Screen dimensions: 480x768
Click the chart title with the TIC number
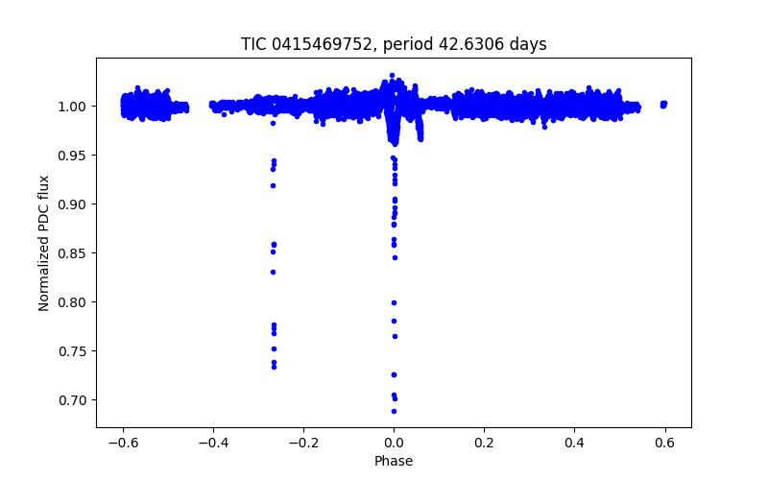tap(394, 44)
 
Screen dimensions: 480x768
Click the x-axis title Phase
tap(394, 461)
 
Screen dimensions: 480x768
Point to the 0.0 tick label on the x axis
tap(394, 443)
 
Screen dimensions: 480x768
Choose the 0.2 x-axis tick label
tap(484, 443)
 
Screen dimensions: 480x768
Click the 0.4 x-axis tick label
tap(574, 443)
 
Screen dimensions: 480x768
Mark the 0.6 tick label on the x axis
tap(664, 443)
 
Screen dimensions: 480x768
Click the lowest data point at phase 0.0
tap(394, 411)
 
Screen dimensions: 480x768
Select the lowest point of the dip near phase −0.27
tap(274, 367)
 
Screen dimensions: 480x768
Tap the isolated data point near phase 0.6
tap(663, 104)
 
